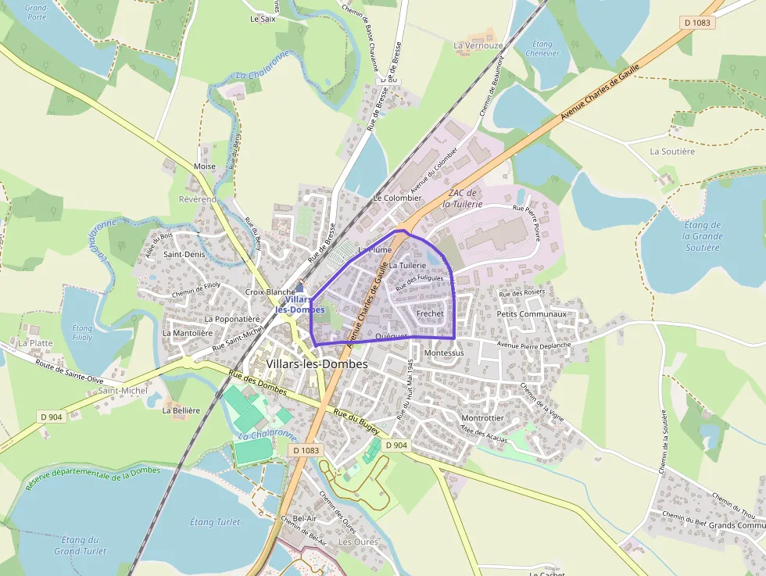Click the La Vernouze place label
(478, 46)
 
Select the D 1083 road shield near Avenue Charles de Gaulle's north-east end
(697, 23)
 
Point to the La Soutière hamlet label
(672, 152)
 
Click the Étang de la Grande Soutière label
(701, 236)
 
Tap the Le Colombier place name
(397, 199)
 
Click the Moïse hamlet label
(204, 166)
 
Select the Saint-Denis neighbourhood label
(184, 254)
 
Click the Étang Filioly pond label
(82, 333)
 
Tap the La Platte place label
(35, 342)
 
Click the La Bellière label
(181, 410)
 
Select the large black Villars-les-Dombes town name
(317, 364)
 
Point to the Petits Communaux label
(531, 314)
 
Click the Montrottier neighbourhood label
(482, 418)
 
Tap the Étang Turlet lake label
(215, 522)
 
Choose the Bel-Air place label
(304, 518)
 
